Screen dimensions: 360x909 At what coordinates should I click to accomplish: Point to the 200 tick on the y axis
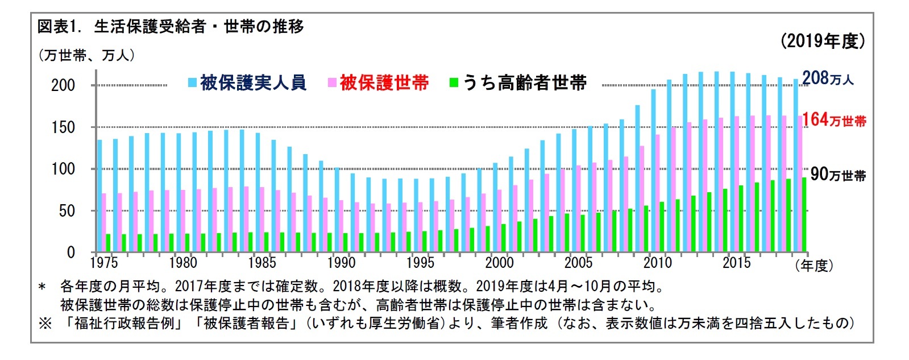click(x=63, y=85)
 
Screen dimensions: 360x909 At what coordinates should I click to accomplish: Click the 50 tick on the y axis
click(x=67, y=211)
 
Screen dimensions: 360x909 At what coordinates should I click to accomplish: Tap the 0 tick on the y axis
click(x=71, y=253)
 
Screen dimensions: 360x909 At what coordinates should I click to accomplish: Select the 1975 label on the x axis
click(x=104, y=263)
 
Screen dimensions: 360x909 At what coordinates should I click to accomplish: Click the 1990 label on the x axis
click(x=341, y=263)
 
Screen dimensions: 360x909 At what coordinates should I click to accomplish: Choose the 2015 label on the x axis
click(x=736, y=263)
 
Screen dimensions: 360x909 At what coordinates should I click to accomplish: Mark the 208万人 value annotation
click(x=828, y=78)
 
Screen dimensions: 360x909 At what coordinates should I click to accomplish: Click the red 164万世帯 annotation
click(x=834, y=119)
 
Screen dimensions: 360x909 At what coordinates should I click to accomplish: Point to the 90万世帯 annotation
click(x=837, y=174)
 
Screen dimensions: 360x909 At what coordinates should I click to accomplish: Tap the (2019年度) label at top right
click(x=823, y=41)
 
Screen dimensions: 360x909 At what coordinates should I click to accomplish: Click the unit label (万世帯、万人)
click(x=86, y=55)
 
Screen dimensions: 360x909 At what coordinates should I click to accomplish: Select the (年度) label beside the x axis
click(x=814, y=265)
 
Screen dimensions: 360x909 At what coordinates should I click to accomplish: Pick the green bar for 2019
click(x=804, y=215)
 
